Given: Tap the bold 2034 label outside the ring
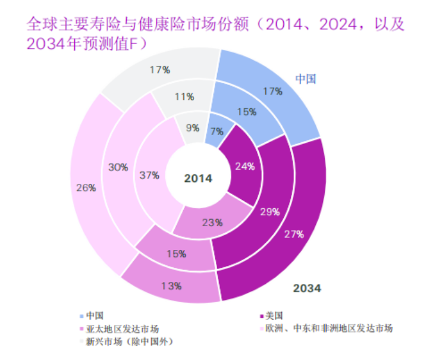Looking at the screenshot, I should click(307, 289).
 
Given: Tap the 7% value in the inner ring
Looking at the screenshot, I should click(216, 132).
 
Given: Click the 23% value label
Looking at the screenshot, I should click(213, 223).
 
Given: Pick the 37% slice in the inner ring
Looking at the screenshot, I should click(149, 175).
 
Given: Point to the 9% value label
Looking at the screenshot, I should click(193, 127).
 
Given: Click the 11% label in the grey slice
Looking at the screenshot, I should click(184, 96).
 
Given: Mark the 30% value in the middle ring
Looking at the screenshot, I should click(118, 167).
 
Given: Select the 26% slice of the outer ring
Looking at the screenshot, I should click(86, 188).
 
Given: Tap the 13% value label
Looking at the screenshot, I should click(171, 286).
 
